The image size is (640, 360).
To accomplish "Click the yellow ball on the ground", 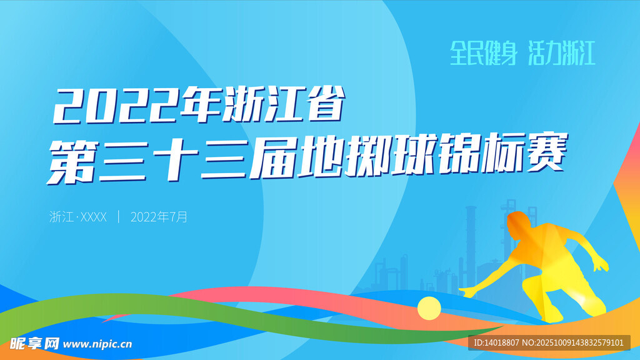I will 429,307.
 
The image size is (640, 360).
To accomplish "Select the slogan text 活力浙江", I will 562,54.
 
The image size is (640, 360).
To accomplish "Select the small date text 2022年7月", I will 159,217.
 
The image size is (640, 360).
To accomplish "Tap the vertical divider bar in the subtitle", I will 119,217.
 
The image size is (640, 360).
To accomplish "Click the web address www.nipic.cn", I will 97,344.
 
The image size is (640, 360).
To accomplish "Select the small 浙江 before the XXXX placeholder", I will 61,217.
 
